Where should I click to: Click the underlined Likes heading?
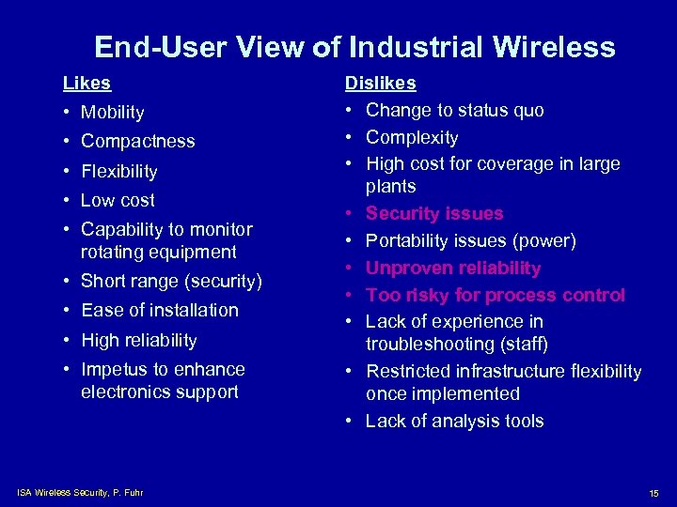87,83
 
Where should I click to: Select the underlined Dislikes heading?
380,83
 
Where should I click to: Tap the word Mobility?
112,113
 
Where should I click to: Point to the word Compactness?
137,142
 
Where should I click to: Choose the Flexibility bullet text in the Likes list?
118,172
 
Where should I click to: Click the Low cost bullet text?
118,200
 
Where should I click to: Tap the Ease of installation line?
159,310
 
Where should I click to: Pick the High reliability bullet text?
138,340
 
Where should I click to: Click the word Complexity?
412,138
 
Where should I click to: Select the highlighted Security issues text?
434,214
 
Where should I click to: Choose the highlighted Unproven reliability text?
453,269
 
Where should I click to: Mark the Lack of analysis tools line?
454,422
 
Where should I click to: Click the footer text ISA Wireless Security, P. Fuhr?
80,493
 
